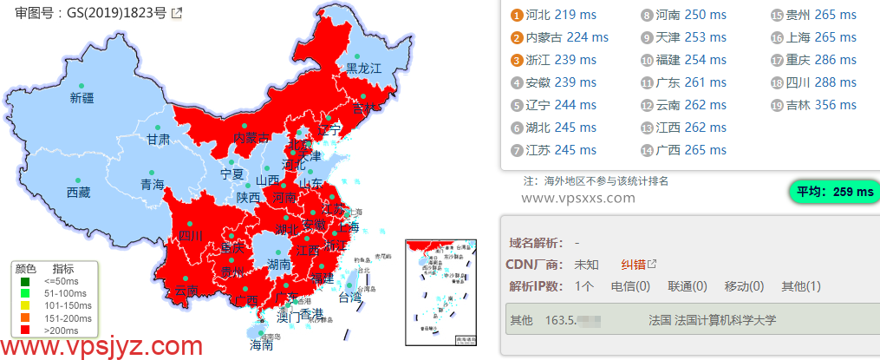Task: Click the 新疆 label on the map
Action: [81, 98]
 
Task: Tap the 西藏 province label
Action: [78, 193]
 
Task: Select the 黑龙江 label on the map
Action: [364, 68]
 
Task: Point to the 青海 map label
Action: [152, 184]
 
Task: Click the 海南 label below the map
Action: [261, 344]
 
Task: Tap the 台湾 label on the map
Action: [349, 298]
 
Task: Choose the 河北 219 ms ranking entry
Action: [553, 15]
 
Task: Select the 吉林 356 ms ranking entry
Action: [813, 105]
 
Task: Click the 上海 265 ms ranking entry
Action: [813, 37]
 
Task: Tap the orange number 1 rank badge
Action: [517, 16]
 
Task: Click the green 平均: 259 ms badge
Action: [831, 193]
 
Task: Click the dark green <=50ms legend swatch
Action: [26, 281]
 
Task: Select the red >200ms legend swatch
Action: [26, 330]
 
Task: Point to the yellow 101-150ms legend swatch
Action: [26, 305]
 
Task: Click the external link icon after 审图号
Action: [177, 13]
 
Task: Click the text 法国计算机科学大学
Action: [712, 320]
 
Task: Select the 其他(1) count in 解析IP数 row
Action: [800, 286]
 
